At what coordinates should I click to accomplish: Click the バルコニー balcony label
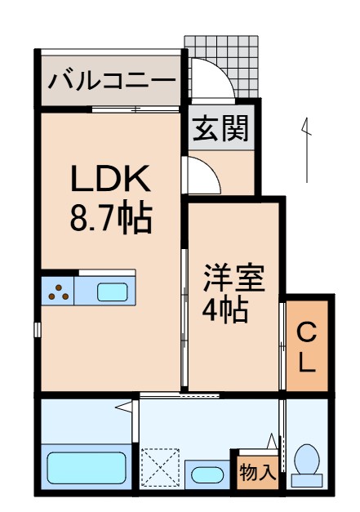[111, 81]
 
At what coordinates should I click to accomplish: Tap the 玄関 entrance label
[220, 128]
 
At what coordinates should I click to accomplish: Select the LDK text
[109, 179]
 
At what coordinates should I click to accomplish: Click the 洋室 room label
[233, 278]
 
